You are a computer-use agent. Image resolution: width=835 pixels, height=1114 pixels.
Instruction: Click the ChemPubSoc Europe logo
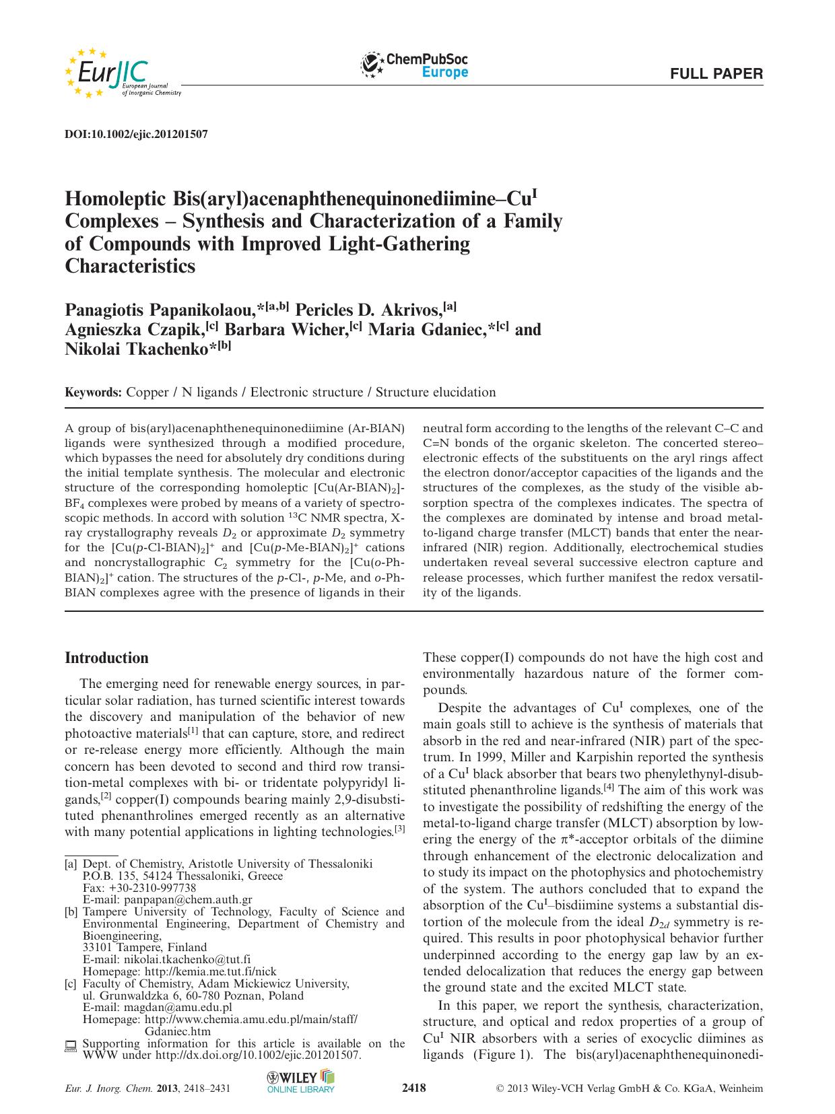[415, 66]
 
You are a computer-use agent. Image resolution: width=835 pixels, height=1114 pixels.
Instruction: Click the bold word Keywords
[93, 392]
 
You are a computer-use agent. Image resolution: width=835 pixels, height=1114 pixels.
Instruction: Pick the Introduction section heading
[106, 658]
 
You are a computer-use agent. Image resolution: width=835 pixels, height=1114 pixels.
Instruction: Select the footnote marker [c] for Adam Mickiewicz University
[70, 984]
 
